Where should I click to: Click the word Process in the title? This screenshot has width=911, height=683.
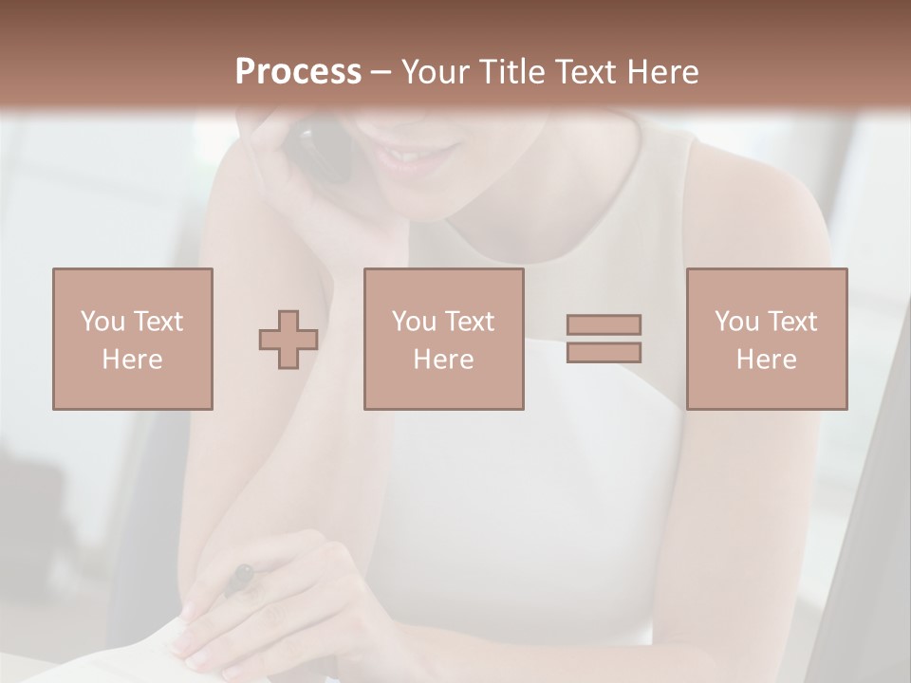(298, 72)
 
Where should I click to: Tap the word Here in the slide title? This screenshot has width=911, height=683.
(662, 72)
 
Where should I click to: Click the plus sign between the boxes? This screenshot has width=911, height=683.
(288, 340)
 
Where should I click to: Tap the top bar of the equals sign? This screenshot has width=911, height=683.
(604, 324)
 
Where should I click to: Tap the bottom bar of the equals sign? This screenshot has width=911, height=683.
(604, 352)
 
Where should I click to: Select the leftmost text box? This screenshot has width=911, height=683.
(132, 339)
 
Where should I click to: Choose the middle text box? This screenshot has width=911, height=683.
(443, 339)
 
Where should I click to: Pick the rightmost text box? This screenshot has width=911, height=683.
(766, 339)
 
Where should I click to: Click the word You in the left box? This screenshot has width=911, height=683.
(102, 321)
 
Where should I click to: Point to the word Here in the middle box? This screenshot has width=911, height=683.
(443, 359)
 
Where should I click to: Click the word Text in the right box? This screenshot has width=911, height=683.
(791, 321)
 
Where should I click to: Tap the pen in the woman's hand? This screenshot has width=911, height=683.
(239, 578)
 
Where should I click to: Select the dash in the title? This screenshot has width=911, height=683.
(381, 72)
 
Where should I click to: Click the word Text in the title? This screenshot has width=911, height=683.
(585, 72)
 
